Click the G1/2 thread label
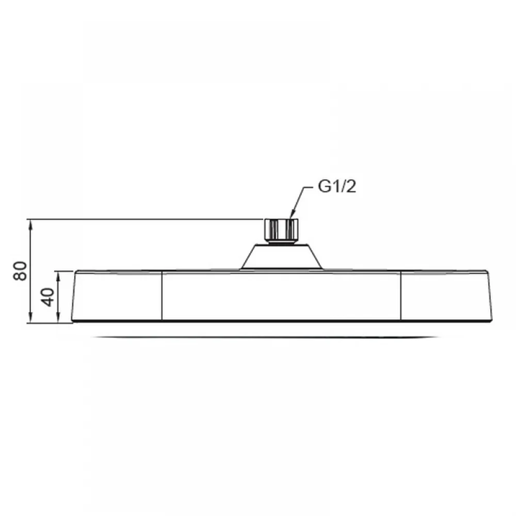(x=337, y=187)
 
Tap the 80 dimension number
(x=20, y=271)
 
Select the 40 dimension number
(x=48, y=297)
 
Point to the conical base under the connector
(x=281, y=256)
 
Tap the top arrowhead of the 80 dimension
(x=30, y=225)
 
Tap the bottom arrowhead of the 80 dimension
(x=30, y=317)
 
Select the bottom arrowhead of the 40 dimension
(x=59, y=317)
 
